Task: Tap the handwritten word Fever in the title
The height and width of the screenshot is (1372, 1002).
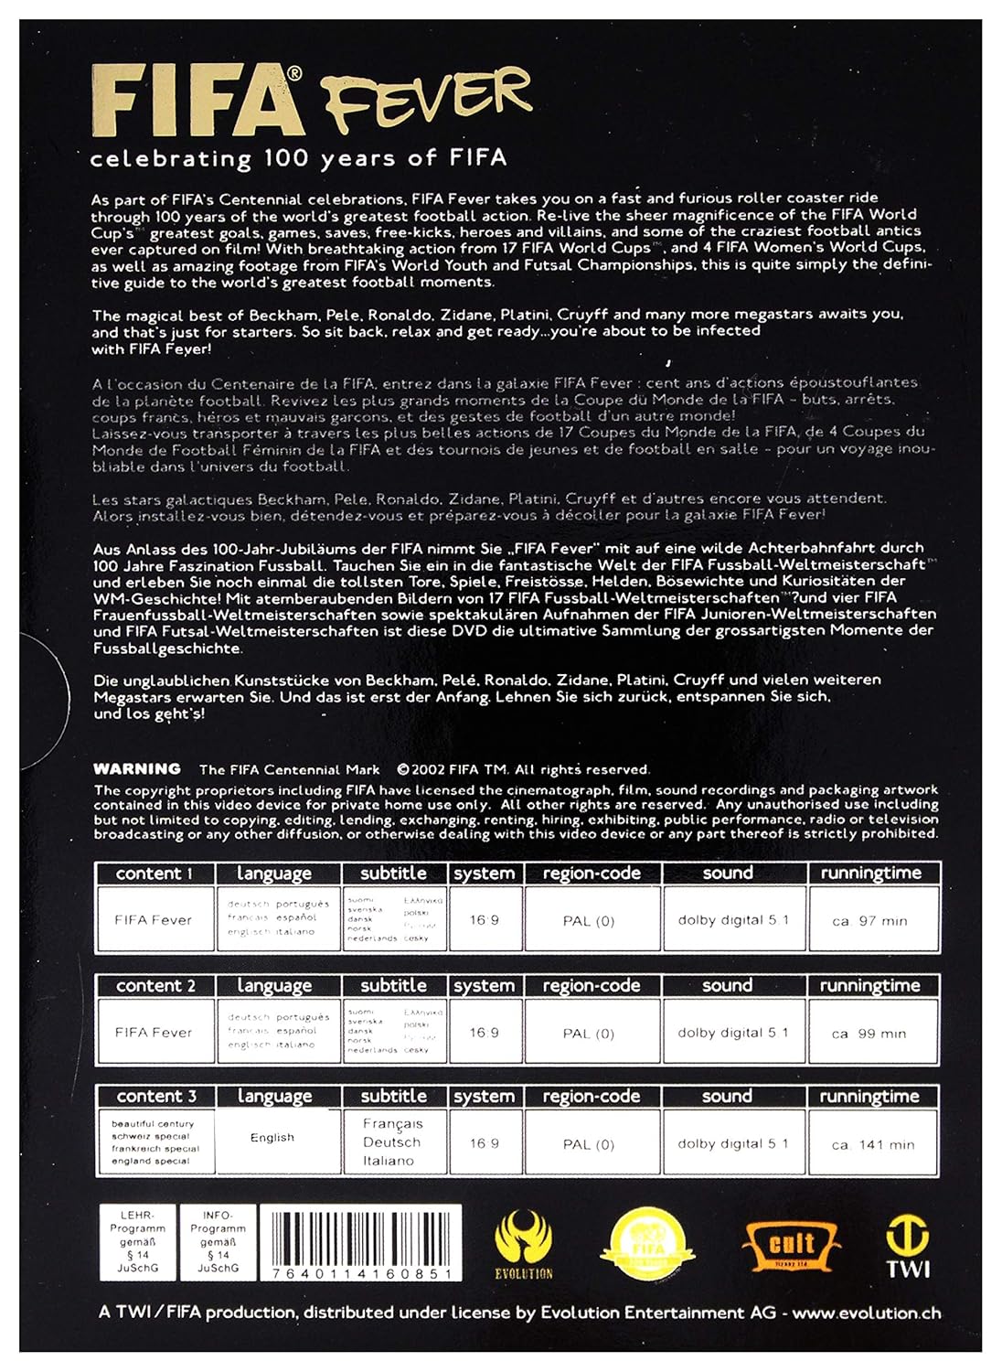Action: click(424, 99)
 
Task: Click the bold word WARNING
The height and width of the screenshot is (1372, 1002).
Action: click(137, 769)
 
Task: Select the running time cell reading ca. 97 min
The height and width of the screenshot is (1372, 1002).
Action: click(870, 920)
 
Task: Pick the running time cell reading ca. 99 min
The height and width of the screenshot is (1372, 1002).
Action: click(869, 1033)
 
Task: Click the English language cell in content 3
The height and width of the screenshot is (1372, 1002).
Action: click(272, 1138)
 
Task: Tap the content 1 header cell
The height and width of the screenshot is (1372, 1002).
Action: click(154, 874)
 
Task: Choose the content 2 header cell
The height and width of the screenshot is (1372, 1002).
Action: click(155, 986)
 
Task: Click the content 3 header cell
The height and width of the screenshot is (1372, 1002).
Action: click(155, 1096)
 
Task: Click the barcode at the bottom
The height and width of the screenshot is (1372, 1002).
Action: click(361, 1242)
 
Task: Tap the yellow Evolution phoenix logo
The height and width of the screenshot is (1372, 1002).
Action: click(524, 1243)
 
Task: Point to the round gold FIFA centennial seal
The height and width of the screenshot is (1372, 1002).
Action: click(651, 1244)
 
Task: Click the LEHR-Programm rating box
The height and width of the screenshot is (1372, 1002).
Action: click(137, 1242)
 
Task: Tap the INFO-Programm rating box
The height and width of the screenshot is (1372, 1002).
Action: click(218, 1242)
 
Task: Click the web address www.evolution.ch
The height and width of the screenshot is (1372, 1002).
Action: click(866, 1313)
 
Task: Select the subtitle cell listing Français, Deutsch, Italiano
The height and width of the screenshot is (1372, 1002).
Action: click(392, 1142)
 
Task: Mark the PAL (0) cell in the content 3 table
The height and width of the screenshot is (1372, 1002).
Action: click(589, 1144)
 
